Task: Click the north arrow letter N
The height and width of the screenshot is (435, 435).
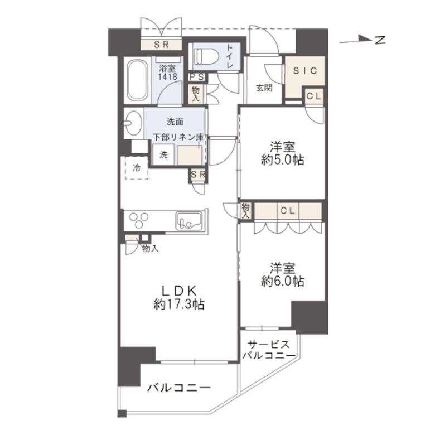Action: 380,40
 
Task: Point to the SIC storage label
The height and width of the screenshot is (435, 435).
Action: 304,71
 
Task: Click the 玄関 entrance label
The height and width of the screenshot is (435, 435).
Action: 264,88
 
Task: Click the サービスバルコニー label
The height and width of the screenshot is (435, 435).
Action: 269,350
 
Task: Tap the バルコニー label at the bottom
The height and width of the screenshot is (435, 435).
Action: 178,388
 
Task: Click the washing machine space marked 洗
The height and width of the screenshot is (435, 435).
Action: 163,155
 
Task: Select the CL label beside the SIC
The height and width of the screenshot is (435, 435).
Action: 314,96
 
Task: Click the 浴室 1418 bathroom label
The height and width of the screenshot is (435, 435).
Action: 168,72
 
